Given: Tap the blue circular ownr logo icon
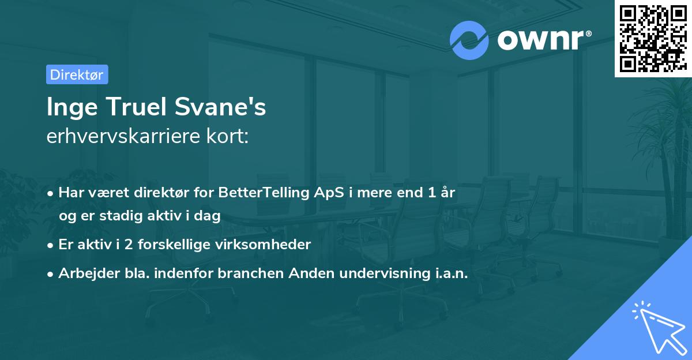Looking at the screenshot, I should (469, 40).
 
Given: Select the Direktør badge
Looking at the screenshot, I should (77, 74).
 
